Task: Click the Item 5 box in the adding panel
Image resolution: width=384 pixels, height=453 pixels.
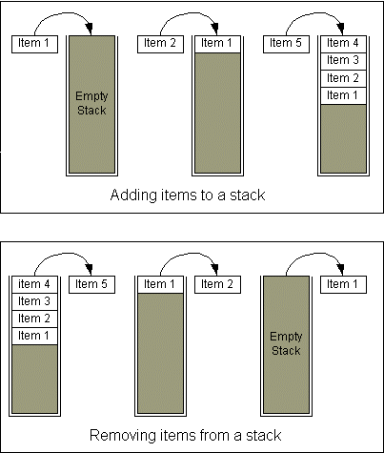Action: point(286,44)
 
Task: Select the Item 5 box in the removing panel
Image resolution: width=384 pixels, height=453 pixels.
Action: point(91,284)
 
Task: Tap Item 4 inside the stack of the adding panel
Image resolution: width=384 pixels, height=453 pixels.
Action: point(343,44)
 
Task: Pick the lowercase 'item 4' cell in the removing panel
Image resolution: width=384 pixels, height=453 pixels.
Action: point(34,284)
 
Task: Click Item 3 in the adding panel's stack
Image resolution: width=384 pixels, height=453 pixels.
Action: point(343,61)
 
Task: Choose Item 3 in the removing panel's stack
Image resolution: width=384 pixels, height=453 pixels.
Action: point(34,301)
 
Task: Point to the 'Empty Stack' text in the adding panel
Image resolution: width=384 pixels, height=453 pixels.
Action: point(91,103)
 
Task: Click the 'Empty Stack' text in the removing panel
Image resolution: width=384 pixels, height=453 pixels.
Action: point(286,343)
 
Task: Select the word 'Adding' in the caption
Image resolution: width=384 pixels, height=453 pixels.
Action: point(133,196)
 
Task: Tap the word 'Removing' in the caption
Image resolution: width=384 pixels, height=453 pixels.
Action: point(122,435)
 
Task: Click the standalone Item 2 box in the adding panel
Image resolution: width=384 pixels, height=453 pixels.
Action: point(160,44)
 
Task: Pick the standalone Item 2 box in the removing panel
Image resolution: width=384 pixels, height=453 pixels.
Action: point(217,284)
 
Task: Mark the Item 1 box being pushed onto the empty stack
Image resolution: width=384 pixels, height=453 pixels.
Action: point(34,44)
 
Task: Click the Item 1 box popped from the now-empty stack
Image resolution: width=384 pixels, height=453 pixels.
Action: point(343,284)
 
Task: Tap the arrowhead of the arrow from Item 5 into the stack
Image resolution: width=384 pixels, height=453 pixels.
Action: point(341,29)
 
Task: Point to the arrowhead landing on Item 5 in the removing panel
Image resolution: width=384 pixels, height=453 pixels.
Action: point(90,270)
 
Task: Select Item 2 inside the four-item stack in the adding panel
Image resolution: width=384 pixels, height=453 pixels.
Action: point(343,78)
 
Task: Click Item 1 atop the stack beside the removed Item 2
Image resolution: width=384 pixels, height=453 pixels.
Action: point(160,284)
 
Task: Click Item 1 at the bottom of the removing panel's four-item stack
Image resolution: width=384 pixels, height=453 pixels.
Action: point(34,336)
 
